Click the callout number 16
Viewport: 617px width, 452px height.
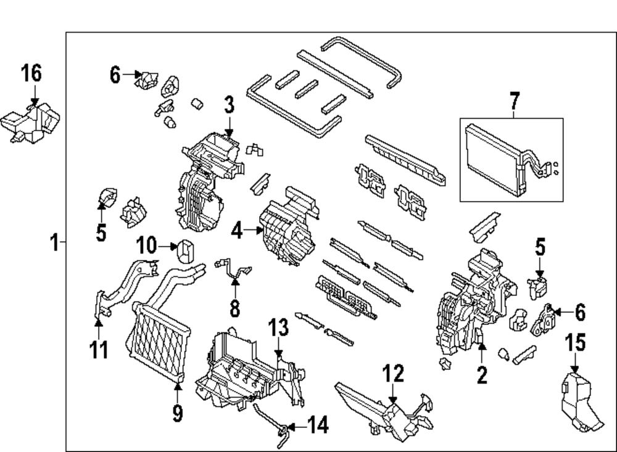[x=31, y=74]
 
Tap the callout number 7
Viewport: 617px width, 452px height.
[x=515, y=101]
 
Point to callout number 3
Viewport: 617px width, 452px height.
[x=229, y=105]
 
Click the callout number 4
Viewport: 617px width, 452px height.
[x=237, y=232]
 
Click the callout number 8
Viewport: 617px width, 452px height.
[x=234, y=306]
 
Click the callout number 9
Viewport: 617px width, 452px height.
[x=178, y=412]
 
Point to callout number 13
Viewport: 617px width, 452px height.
[x=278, y=328]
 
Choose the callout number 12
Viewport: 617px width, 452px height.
[x=393, y=374]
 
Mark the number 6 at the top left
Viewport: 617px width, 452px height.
[x=115, y=75]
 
